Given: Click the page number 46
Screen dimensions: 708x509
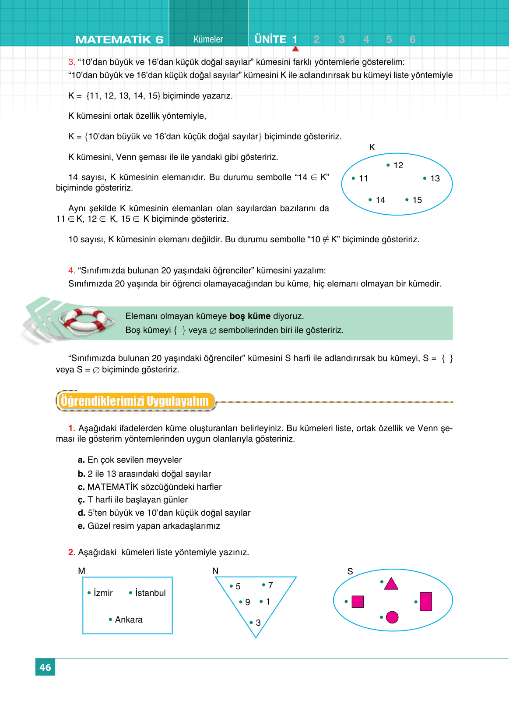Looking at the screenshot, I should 45,667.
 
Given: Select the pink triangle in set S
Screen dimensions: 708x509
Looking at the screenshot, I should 391,584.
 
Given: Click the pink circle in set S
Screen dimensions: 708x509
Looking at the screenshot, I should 392,617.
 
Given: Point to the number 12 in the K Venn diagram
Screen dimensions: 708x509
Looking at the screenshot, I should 398,165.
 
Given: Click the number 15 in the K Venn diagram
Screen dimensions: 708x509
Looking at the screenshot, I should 417,200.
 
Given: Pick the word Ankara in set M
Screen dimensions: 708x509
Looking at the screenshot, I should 129,619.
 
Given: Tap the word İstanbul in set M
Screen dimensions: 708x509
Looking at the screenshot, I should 150,593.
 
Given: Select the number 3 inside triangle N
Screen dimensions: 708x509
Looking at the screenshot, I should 258,623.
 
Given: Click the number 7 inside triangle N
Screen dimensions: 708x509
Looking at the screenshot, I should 270,585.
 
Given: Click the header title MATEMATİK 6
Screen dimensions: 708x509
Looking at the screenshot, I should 119,39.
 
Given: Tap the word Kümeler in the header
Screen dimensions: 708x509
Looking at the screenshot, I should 208,39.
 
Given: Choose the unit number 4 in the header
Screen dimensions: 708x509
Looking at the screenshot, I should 366,39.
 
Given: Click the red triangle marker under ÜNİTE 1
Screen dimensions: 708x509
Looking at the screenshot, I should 295,49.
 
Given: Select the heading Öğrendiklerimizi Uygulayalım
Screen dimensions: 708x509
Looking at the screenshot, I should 135,401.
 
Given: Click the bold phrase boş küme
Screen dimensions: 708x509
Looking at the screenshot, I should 250,316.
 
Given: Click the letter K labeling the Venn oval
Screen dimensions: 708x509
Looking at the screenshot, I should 372,147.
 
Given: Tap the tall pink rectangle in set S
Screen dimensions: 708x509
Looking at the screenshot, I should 426,602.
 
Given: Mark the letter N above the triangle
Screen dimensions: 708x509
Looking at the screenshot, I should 215,571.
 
